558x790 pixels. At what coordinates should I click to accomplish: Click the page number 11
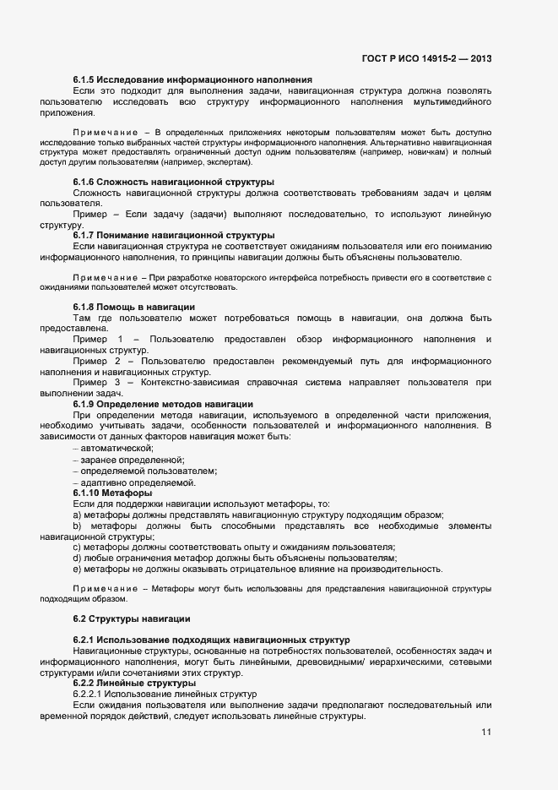[x=485, y=732]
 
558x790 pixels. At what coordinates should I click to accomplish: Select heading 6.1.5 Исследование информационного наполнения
[x=192, y=79]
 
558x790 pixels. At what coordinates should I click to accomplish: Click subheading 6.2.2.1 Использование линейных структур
[x=165, y=694]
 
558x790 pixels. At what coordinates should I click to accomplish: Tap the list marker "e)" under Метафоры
[x=78, y=569]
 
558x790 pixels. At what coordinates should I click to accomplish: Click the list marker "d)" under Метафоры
[x=78, y=558]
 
